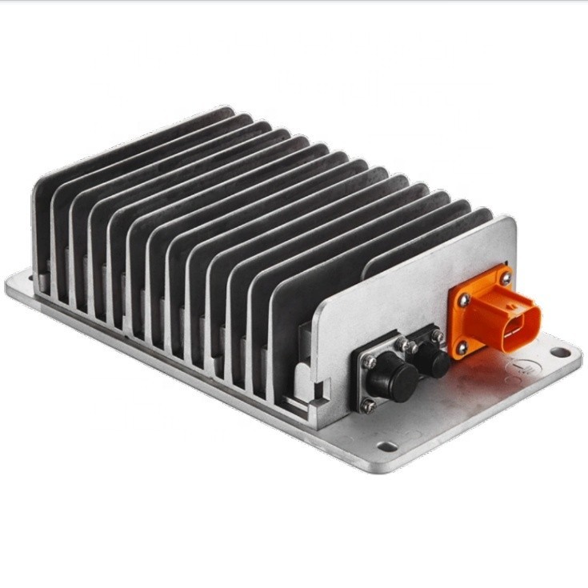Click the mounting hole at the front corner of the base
pos(387,446)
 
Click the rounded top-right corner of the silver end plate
pos(510,223)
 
